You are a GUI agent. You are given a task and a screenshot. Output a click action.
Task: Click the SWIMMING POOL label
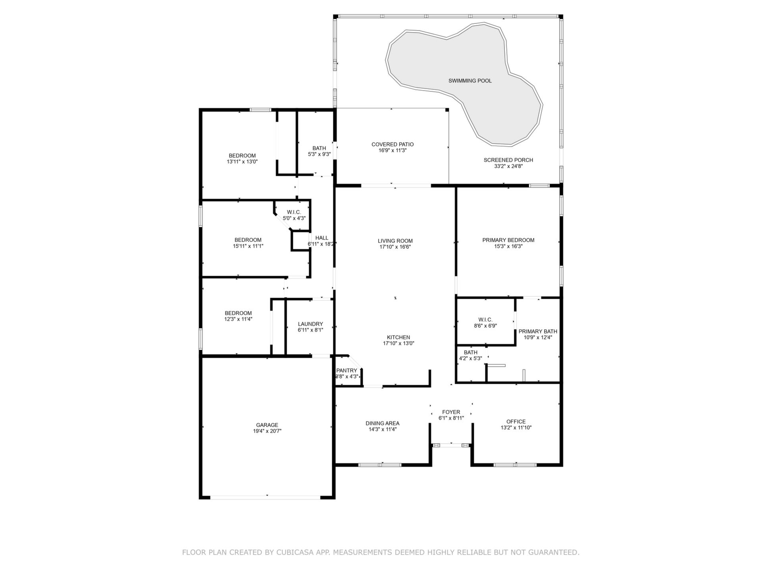[x=470, y=81]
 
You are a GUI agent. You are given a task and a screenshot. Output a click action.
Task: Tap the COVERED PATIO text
[x=393, y=144]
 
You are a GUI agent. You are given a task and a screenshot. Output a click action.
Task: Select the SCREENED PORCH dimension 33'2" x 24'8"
[x=508, y=166]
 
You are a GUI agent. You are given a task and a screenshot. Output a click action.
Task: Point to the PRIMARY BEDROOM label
[x=508, y=240]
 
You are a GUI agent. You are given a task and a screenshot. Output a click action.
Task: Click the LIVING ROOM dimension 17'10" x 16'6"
[x=395, y=247]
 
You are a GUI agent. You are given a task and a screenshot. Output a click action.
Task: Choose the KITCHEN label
[x=398, y=337]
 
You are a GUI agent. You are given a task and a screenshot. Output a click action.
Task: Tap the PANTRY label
[x=346, y=371]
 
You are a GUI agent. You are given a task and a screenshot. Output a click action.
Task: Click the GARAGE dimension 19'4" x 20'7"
[x=267, y=431]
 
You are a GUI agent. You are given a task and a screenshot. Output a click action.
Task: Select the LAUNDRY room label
[x=310, y=324]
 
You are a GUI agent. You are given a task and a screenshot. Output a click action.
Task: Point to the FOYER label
[x=451, y=412]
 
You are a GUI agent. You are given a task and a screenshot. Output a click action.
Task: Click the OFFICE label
[x=516, y=421]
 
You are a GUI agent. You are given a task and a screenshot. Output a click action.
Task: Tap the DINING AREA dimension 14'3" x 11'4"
[x=382, y=429]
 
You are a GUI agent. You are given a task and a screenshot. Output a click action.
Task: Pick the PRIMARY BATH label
[x=538, y=331]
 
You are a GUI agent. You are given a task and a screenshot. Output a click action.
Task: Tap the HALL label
[x=322, y=238]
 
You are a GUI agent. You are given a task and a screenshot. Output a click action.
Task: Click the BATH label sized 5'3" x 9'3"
[x=319, y=148]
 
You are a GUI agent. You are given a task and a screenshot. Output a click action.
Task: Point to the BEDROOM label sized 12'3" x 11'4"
[x=238, y=313]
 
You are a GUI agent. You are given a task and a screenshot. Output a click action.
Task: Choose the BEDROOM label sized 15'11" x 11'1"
[x=248, y=240]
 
